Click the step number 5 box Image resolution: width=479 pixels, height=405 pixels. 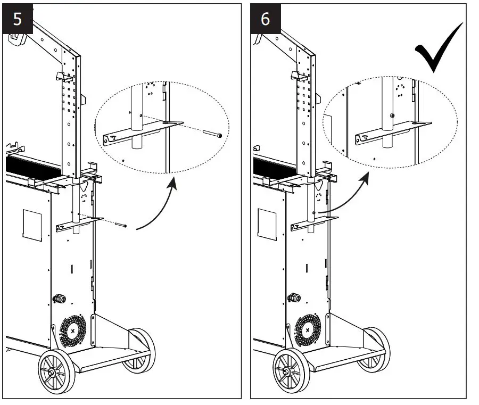pos(18,19)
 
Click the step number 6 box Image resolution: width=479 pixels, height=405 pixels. pos(265,19)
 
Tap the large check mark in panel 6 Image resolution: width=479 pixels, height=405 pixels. pos(438,48)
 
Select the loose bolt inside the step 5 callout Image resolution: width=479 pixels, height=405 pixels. pos(212,135)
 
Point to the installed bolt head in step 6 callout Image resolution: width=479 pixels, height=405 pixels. pos(392,115)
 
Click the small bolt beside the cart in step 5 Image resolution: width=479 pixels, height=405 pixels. pos(122,226)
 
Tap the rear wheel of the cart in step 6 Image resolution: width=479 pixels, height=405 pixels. pos(374,349)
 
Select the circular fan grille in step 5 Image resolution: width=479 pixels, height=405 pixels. pos(73,330)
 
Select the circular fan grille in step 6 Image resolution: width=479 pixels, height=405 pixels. pos(308,330)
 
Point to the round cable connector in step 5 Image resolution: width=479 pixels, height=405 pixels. pos(59,299)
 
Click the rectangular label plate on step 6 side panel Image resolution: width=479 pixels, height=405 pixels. pos(267,224)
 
